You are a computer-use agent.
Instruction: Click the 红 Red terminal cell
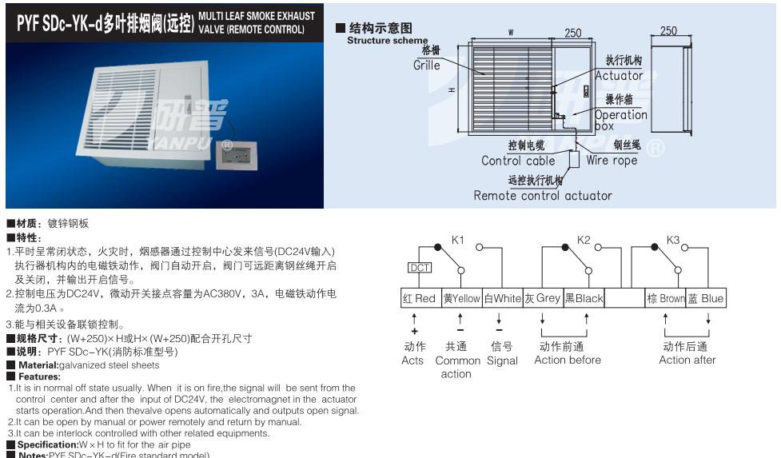click(x=420, y=298)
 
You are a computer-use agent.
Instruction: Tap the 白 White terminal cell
click(x=502, y=298)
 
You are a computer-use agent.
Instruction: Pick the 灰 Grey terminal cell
click(x=543, y=298)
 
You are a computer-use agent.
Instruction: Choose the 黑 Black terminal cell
click(x=584, y=298)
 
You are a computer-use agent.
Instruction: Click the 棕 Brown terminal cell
click(x=666, y=298)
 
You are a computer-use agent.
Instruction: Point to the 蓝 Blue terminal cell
click(x=706, y=298)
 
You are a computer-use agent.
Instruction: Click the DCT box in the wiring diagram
click(x=420, y=268)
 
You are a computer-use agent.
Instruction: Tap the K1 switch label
click(x=457, y=240)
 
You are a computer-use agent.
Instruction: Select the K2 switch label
click(x=584, y=240)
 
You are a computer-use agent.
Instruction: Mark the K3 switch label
click(x=673, y=240)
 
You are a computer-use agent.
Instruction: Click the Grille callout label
click(x=427, y=66)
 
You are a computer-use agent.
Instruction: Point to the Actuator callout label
click(x=619, y=75)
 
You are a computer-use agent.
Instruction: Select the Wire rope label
click(x=613, y=160)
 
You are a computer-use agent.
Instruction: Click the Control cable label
click(x=518, y=161)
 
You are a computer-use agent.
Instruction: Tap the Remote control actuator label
click(x=543, y=196)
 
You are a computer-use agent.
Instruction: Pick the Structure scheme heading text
click(x=387, y=41)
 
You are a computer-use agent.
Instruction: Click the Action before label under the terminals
click(x=568, y=360)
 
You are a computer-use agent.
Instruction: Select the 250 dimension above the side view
click(x=669, y=31)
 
